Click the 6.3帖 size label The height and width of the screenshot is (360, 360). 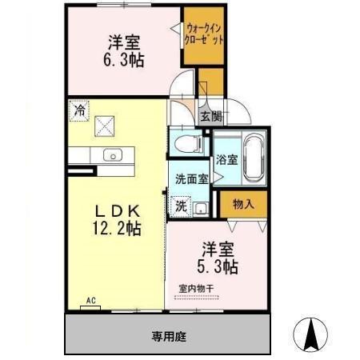pos(123,59)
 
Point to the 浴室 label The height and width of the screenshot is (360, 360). pos(227,159)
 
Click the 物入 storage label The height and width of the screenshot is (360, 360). pos(243,205)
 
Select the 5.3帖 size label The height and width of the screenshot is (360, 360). pos(218,266)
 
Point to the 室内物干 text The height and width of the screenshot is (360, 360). pos(196,289)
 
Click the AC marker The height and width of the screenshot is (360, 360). pos(91,301)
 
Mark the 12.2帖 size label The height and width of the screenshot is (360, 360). pos(118,230)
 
